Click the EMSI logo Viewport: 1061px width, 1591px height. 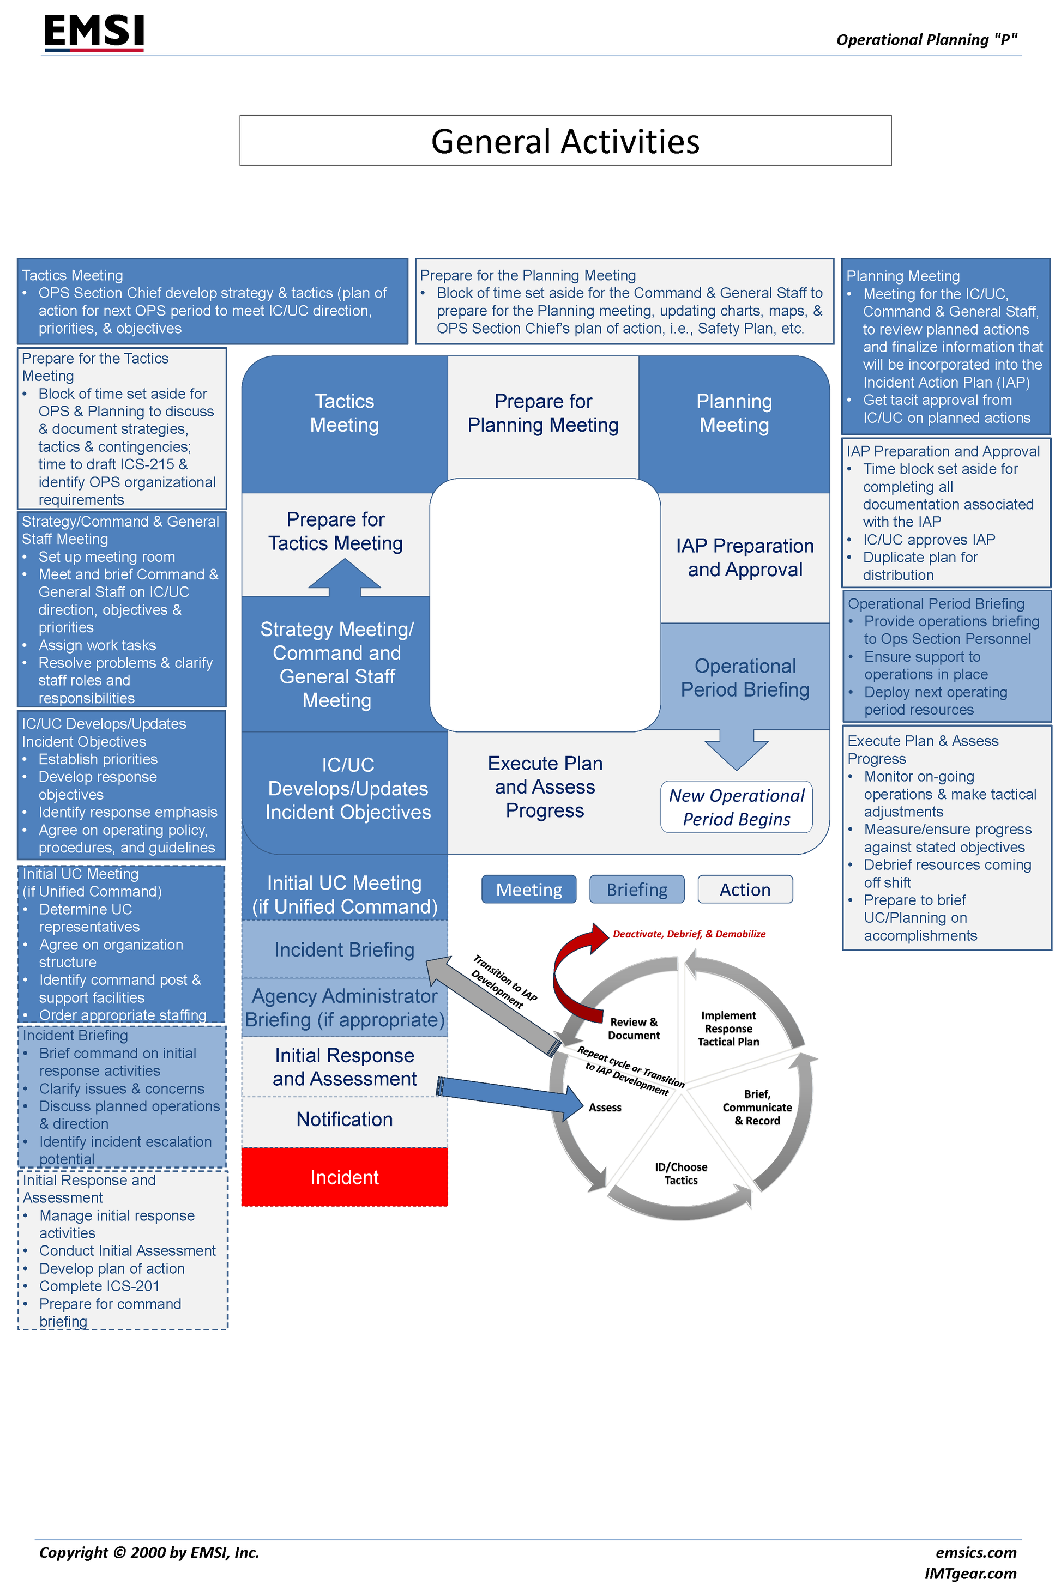(x=94, y=32)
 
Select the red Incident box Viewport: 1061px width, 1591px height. (x=345, y=1177)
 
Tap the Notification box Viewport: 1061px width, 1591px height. (x=345, y=1120)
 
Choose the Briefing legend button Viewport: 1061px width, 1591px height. (x=637, y=890)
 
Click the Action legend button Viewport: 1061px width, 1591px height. (x=745, y=890)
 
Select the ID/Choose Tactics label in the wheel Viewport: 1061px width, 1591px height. (x=681, y=1173)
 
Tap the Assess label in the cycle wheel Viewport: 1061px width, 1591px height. (x=605, y=1108)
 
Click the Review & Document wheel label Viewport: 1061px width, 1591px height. (x=634, y=1028)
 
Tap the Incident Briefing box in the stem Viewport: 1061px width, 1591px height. (x=345, y=949)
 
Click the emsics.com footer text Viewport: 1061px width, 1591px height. (x=976, y=1552)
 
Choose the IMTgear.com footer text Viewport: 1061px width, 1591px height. (x=970, y=1574)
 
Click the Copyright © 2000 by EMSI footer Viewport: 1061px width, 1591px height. (x=149, y=1552)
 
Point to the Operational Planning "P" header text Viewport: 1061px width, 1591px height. (x=926, y=40)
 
